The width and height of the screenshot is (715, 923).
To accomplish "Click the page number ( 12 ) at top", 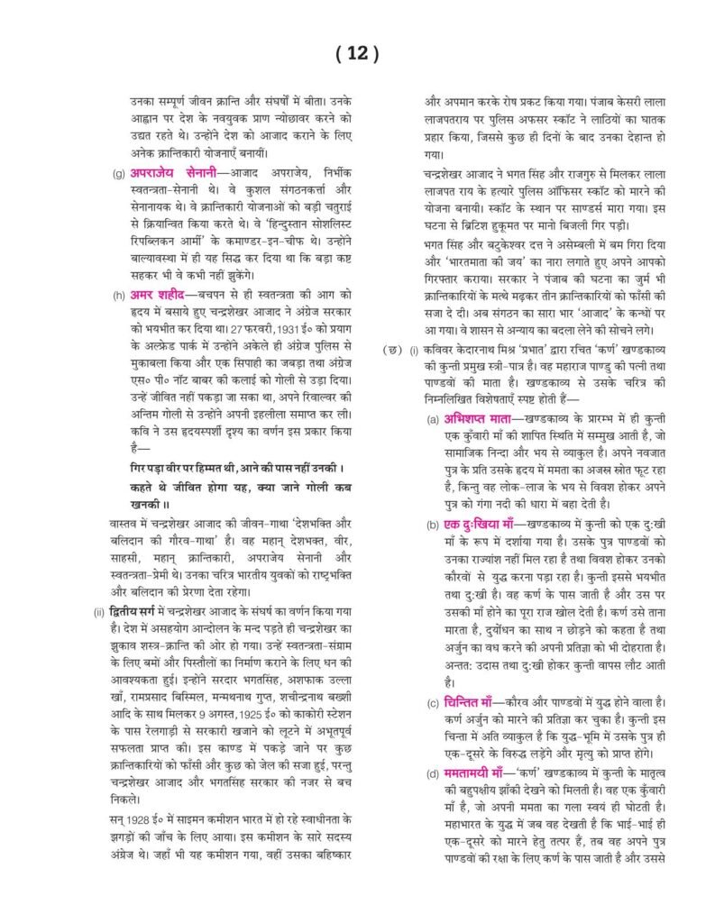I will (x=357, y=54).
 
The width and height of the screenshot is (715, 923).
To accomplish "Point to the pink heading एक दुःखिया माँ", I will (x=484, y=524).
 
